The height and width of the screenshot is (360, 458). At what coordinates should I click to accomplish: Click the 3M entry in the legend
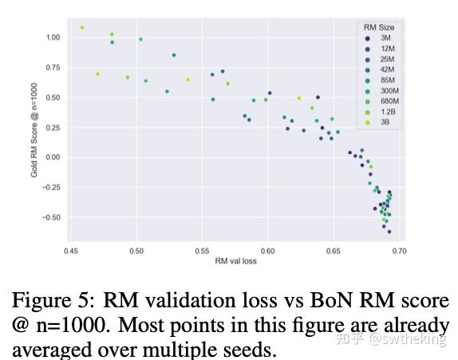click(x=385, y=38)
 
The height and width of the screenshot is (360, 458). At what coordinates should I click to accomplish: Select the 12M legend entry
click(x=385, y=48)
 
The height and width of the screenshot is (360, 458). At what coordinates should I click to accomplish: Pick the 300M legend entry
click(x=388, y=90)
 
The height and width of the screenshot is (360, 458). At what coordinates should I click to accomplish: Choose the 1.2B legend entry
click(x=387, y=112)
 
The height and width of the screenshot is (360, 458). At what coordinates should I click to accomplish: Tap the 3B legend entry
click(x=385, y=122)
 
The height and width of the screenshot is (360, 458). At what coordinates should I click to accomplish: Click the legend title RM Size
click(x=378, y=27)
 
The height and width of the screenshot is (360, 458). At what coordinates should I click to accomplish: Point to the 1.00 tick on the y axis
click(x=53, y=38)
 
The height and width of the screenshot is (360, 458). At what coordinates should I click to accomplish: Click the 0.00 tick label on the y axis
click(x=53, y=157)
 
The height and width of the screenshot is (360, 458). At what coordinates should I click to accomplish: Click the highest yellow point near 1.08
click(x=82, y=28)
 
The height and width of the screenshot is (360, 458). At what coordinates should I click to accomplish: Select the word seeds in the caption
click(x=247, y=350)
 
